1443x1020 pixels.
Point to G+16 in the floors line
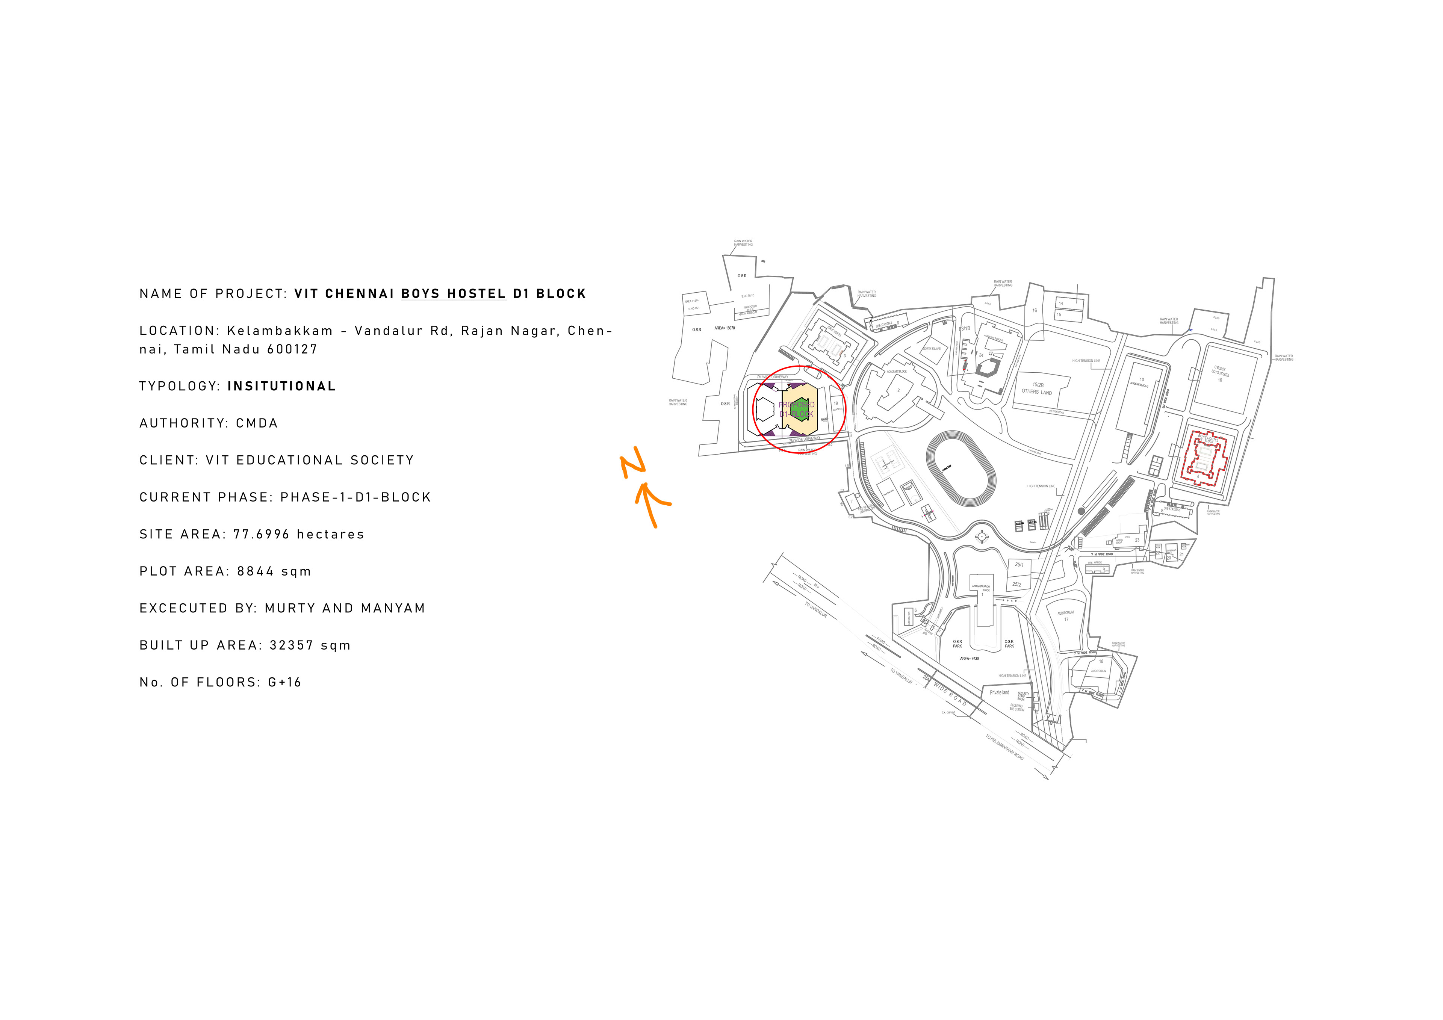[x=285, y=683]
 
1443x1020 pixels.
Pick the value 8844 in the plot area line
[x=255, y=571]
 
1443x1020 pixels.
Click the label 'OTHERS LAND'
[x=1036, y=392]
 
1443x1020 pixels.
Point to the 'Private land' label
[x=999, y=692]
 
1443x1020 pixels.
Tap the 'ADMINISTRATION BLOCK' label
[x=981, y=588]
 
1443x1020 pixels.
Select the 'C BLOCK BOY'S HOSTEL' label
[x=1220, y=374]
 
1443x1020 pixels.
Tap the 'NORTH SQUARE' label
[x=932, y=349]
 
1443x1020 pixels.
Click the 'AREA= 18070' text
[x=725, y=328]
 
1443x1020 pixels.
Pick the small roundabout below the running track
[x=982, y=536]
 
